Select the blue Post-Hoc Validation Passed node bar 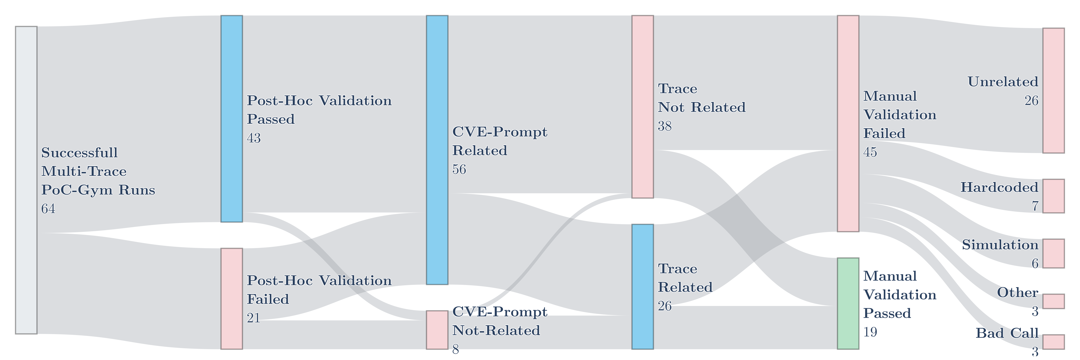click(x=231, y=119)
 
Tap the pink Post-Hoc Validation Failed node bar click(x=231, y=298)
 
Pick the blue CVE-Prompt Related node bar click(x=437, y=150)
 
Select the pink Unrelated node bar click(x=1053, y=90)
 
